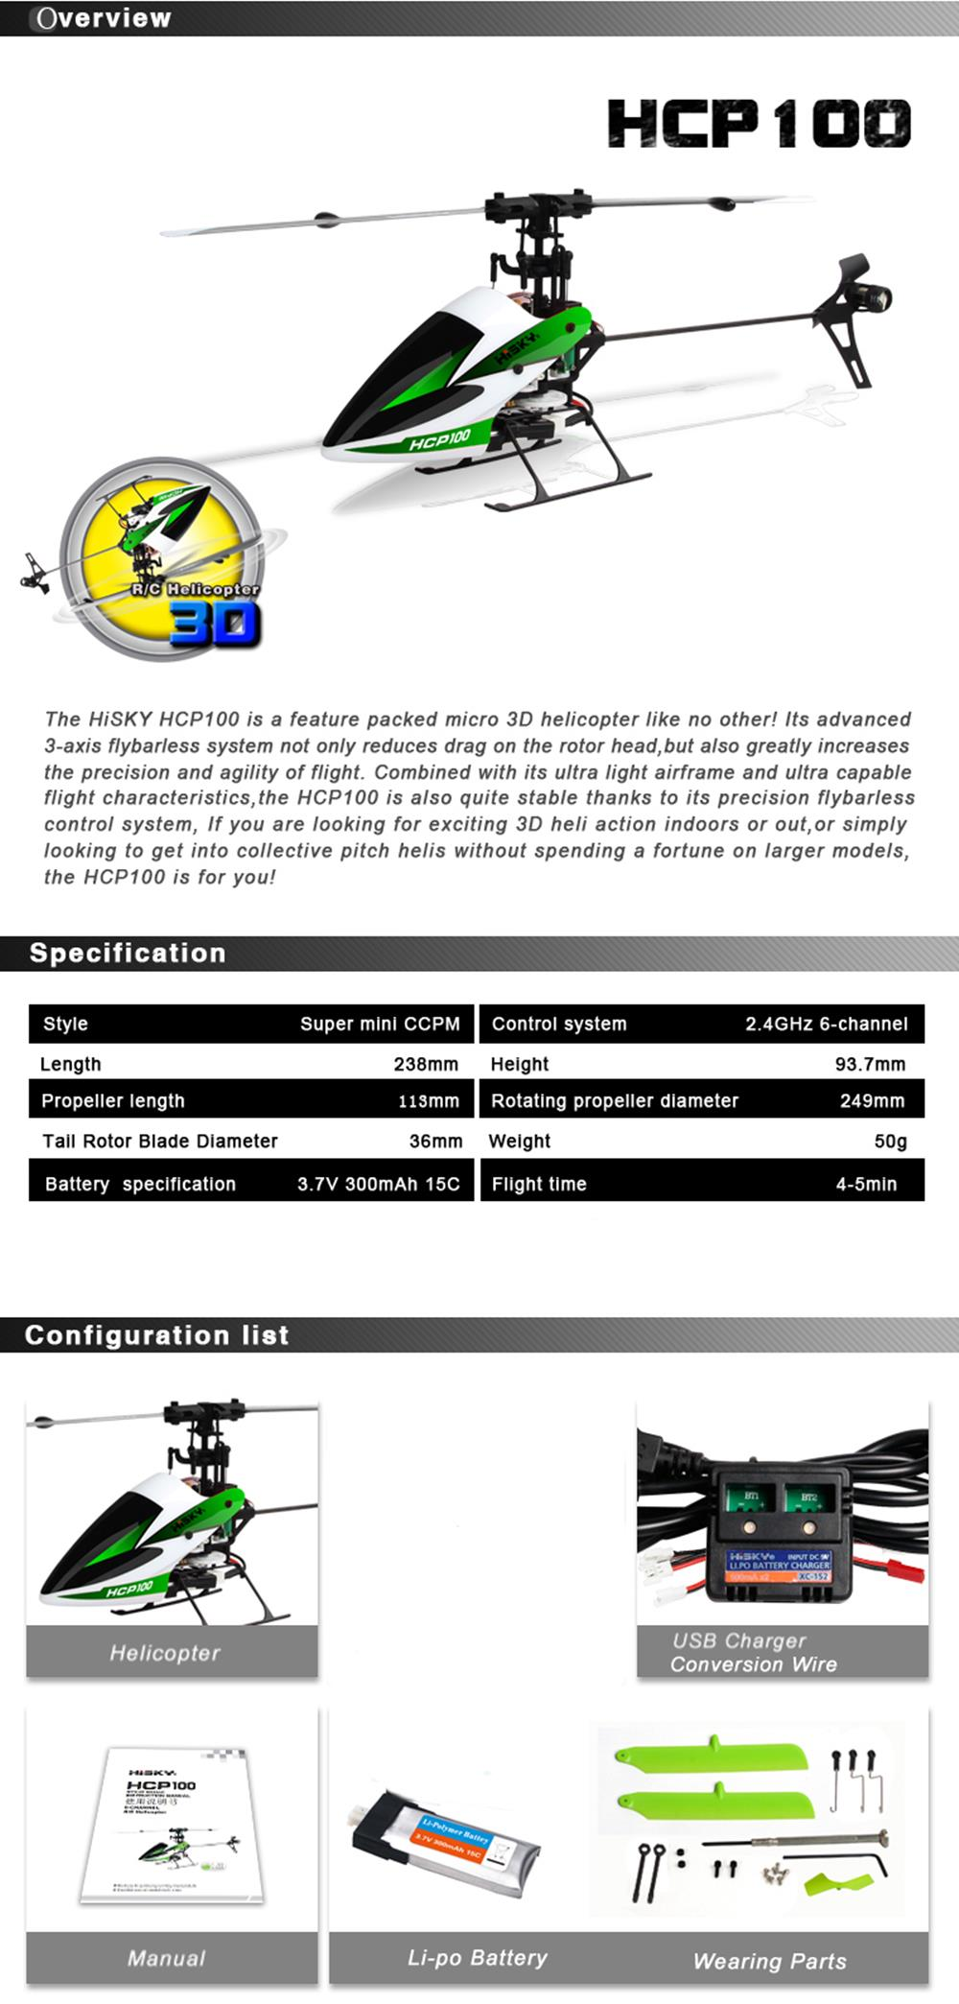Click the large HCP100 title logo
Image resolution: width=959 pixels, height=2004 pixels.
point(759,125)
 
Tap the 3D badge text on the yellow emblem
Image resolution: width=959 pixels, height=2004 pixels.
point(215,625)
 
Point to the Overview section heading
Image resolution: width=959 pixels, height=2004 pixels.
point(103,18)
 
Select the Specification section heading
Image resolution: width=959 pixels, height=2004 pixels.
point(128,954)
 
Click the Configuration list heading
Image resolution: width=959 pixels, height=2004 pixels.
point(156,1335)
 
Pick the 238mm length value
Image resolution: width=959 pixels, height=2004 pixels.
point(426,1064)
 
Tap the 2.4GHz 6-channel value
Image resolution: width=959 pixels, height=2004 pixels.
point(826,1024)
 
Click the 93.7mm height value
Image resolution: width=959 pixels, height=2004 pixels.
point(870,1064)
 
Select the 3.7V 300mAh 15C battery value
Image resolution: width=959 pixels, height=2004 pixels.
point(378,1184)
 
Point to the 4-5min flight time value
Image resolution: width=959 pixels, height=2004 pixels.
point(866,1184)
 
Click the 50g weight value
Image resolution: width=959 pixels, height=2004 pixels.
point(890,1142)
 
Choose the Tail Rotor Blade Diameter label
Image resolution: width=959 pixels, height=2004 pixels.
point(160,1142)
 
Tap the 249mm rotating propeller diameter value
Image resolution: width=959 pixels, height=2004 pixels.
point(872,1101)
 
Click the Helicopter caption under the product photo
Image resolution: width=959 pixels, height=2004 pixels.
point(165,1653)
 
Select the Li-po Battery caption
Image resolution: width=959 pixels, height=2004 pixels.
point(478,1958)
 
